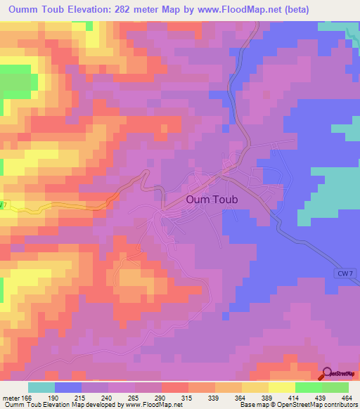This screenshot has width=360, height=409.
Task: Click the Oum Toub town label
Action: coord(212,200)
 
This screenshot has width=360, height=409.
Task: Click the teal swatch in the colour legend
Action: coord(41,387)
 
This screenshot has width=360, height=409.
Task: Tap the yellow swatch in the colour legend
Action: coord(281,387)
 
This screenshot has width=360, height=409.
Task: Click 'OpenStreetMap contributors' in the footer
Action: coord(316,405)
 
